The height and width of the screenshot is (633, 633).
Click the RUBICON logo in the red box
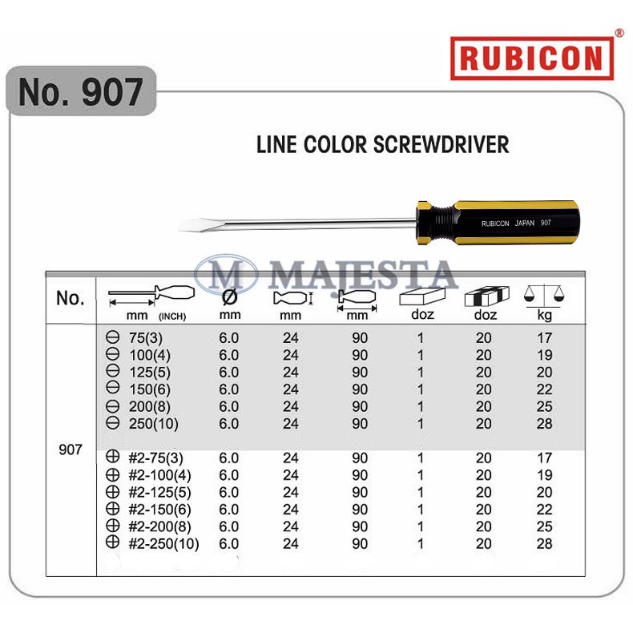click(x=531, y=58)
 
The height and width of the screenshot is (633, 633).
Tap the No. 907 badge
click(x=80, y=91)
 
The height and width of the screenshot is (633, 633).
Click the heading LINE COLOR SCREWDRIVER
click(x=382, y=145)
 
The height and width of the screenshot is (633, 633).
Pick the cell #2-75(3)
click(x=156, y=458)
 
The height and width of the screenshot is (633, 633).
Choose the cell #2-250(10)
click(x=163, y=544)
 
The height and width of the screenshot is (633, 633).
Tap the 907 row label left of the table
click(x=71, y=450)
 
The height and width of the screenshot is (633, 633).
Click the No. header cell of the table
click(x=71, y=298)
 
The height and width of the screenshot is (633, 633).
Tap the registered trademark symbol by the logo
click(x=619, y=33)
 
